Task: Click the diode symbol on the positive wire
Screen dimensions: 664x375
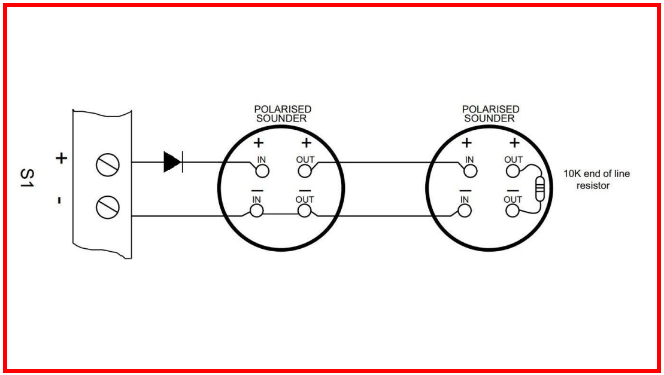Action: pyautogui.click(x=173, y=162)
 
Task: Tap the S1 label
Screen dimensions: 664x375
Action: pyautogui.click(x=27, y=178)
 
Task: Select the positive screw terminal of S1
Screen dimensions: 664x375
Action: pyautogui.click(x=108, y=165)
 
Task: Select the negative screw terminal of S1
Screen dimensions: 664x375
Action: pyautogui.click(x=108, y=207)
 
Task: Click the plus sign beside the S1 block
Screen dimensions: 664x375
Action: pyautogui.click(x=62, y=158)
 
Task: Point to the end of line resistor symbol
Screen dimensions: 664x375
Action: pyautogui.click(x=540, y=189)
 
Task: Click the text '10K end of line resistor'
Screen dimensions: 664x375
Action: pyautogui.click(x=596, y=179)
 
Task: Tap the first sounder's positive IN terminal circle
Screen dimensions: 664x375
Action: pyautogui.click(x=262, y=171)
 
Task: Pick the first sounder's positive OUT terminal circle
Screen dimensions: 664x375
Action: pyautogui.click(x=305, y=171)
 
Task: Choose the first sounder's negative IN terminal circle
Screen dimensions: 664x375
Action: pyautogui.click(x=257, y=211)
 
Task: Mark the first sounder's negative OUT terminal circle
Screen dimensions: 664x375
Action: pyautogui.click(x=305, y=211)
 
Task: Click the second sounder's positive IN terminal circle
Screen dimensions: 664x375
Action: pyautogui.click(x=470, y=171)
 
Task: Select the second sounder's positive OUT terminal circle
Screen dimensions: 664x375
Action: pyautogui.click(x=513, y=171)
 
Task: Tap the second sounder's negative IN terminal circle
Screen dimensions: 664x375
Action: pyautogui.click(x=465, y=211)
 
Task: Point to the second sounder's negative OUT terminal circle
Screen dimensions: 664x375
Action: pyautogui.click(x=513, y=211)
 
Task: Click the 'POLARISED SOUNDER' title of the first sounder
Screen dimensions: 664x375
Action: pyautogui.click(x=282, y=114)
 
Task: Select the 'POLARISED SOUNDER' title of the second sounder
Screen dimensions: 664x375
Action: pyautogui.click(x=490, y=114)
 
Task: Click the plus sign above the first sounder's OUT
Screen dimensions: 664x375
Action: pyautogui.click(x=306, y=143)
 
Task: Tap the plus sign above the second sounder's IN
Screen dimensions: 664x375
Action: pyautogui.click(x=466, y=143)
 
